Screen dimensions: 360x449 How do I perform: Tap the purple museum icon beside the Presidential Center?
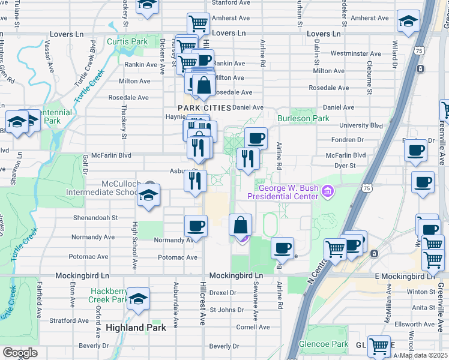pyautogui.click(x=328, y=192)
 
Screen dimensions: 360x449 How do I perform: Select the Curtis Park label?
pyautogui.click(x=127, y=41)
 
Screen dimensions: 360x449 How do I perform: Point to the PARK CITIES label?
pyautogui.click(x=204, y=107)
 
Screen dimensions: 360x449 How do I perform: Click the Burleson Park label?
pyautogui.click(x=310, y=118)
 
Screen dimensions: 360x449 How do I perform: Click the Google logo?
pyautogui.click(x=20, y=353)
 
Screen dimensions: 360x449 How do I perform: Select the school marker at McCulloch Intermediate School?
pyautogui.click(x=148, y=195)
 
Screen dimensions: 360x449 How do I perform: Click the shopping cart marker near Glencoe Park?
pyautogui.click(x=379, y=346)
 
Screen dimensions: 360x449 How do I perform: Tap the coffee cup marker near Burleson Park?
pyautogui.click(x=256, y=138)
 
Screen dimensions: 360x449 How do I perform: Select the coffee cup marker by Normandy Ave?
pyautogui.click(x=196, y=226)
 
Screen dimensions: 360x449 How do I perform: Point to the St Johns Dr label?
pyautogui.click(x=226, y=310)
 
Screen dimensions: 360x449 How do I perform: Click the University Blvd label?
pyautogui.click(x=361, y=125)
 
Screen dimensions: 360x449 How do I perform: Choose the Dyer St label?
pyautogui.click(x=345, y=164)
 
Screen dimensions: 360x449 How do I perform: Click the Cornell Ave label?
pyautogui.click(x=253, y=327)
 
